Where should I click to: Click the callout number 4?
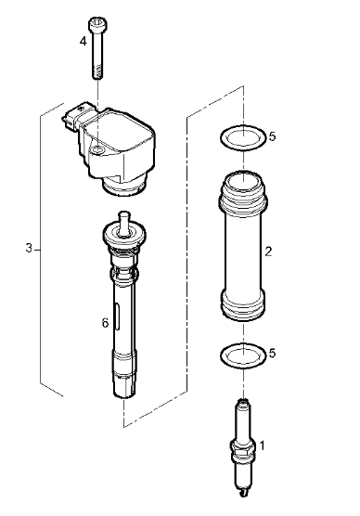pos(84,42)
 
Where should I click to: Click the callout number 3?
pos(29,248)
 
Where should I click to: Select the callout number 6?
pos(105,323)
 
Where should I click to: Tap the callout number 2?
pos(268,252)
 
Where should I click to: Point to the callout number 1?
pos(262,445)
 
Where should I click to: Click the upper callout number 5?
pos(272,136)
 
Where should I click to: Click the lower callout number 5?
pos(272,353)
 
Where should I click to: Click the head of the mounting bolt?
pos(98,24)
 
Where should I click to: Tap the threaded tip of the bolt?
pos(96,72)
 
